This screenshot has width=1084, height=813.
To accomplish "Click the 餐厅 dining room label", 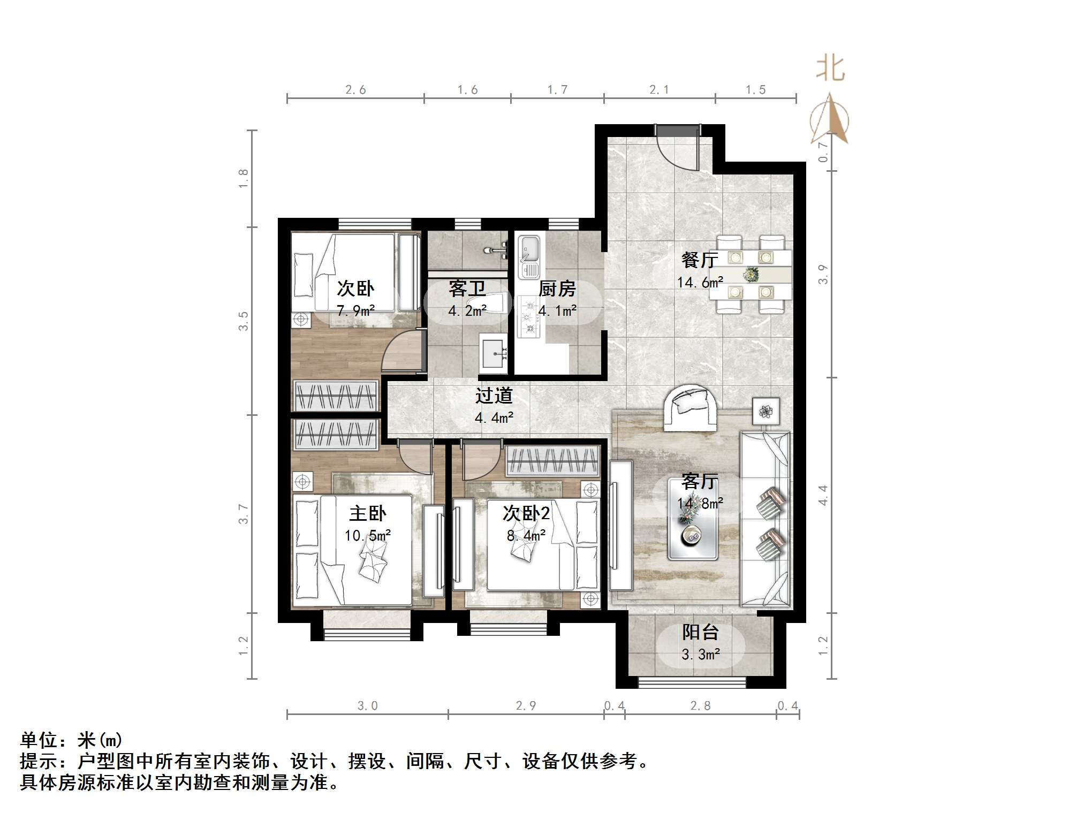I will (699, 260).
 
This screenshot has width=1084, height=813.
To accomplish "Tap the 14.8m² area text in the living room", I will (700, 504).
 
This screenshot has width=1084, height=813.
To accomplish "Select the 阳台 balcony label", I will (700, 633).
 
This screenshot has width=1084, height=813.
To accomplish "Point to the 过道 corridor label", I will (494, 396).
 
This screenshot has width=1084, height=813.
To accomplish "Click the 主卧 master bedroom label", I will (367, 514).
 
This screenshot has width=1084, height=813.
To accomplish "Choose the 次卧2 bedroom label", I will (526, 514).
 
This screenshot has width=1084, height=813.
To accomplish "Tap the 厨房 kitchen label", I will (557, 289).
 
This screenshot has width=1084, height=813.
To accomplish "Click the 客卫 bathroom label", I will (467, 289).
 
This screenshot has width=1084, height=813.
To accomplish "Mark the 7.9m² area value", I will (355, 310).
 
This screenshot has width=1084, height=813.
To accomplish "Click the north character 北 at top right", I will (830, 69).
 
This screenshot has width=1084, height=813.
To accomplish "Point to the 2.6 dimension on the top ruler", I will (355, 90).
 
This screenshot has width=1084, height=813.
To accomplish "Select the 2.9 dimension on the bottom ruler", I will (526, 706).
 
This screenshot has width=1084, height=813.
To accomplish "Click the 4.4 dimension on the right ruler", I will (823, 495).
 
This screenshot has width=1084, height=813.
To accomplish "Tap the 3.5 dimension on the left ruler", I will (244, 321).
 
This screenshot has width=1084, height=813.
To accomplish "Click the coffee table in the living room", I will (692, 519).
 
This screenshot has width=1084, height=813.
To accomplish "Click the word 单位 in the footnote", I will (39, 740).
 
